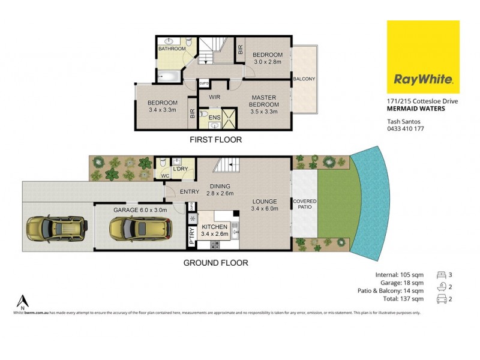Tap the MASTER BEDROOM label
click(263, 102)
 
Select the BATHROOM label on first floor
click(172, 49)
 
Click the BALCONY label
click(304, 79)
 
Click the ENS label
click(214, 118)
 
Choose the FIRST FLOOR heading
click(215, 140)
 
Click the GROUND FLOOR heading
click(215, 262)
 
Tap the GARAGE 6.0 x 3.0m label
click(140, 211)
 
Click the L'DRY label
click(180, 169)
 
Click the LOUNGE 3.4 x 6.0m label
click(264, 205)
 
